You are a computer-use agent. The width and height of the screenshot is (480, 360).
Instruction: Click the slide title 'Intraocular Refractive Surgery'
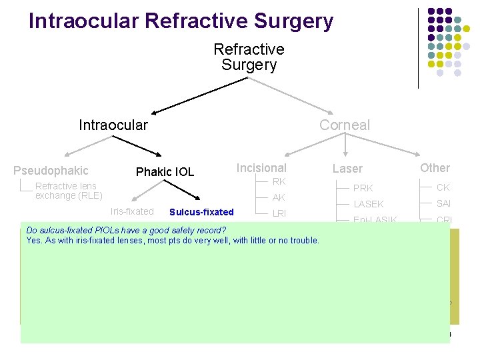[x=181, y=21]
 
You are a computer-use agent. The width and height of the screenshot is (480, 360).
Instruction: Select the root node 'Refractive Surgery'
[x=249, y=57]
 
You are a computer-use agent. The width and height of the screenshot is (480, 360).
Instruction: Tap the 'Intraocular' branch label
[x=113, y=125]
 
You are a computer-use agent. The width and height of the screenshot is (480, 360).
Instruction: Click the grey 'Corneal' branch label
[x=344, y=125]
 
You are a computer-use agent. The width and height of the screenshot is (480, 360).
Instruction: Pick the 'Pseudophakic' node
[x=51, y=171]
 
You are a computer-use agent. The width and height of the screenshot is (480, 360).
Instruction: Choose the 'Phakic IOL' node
[x=165, y=172]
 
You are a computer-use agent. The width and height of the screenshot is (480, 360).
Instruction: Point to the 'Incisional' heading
[x=261, y=168]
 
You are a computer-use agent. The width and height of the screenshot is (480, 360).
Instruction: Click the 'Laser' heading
[x=347, y=169]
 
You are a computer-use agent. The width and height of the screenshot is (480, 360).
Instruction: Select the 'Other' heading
[x=435, y=168]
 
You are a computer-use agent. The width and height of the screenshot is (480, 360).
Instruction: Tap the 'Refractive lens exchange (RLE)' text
[x=69, y=191]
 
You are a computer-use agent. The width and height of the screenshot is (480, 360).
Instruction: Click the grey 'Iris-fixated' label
[x=132, y=211]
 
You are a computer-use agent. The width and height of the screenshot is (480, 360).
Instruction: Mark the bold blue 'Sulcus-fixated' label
[x=201, y=212]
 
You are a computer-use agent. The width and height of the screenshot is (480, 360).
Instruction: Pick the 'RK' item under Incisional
[x=279, y=181]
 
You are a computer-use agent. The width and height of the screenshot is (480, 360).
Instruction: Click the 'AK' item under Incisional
[x=279, y=197]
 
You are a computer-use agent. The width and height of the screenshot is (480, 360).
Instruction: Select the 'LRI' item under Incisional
[x=279, y=213]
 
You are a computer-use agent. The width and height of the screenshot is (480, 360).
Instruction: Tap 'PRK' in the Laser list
[x=363, y=188]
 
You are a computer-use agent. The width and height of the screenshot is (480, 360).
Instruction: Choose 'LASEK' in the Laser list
[x=369, y=204]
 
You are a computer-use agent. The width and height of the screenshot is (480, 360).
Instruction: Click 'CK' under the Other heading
[x=443, y=187]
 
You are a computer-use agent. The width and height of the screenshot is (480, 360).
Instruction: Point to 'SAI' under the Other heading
[x=443, y=203]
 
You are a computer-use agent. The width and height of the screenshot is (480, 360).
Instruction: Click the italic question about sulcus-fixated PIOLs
[x=126, y=231]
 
